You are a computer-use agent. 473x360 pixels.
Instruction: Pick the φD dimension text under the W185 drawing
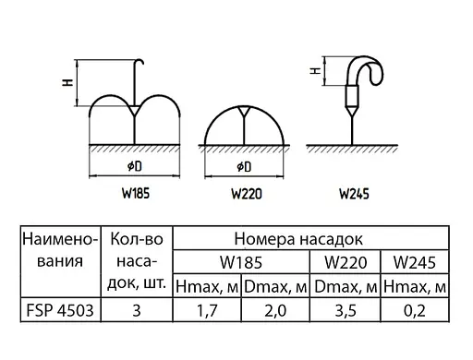[x=135, y=166]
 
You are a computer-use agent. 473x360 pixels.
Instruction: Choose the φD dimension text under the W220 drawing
[x=245, y=166]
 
